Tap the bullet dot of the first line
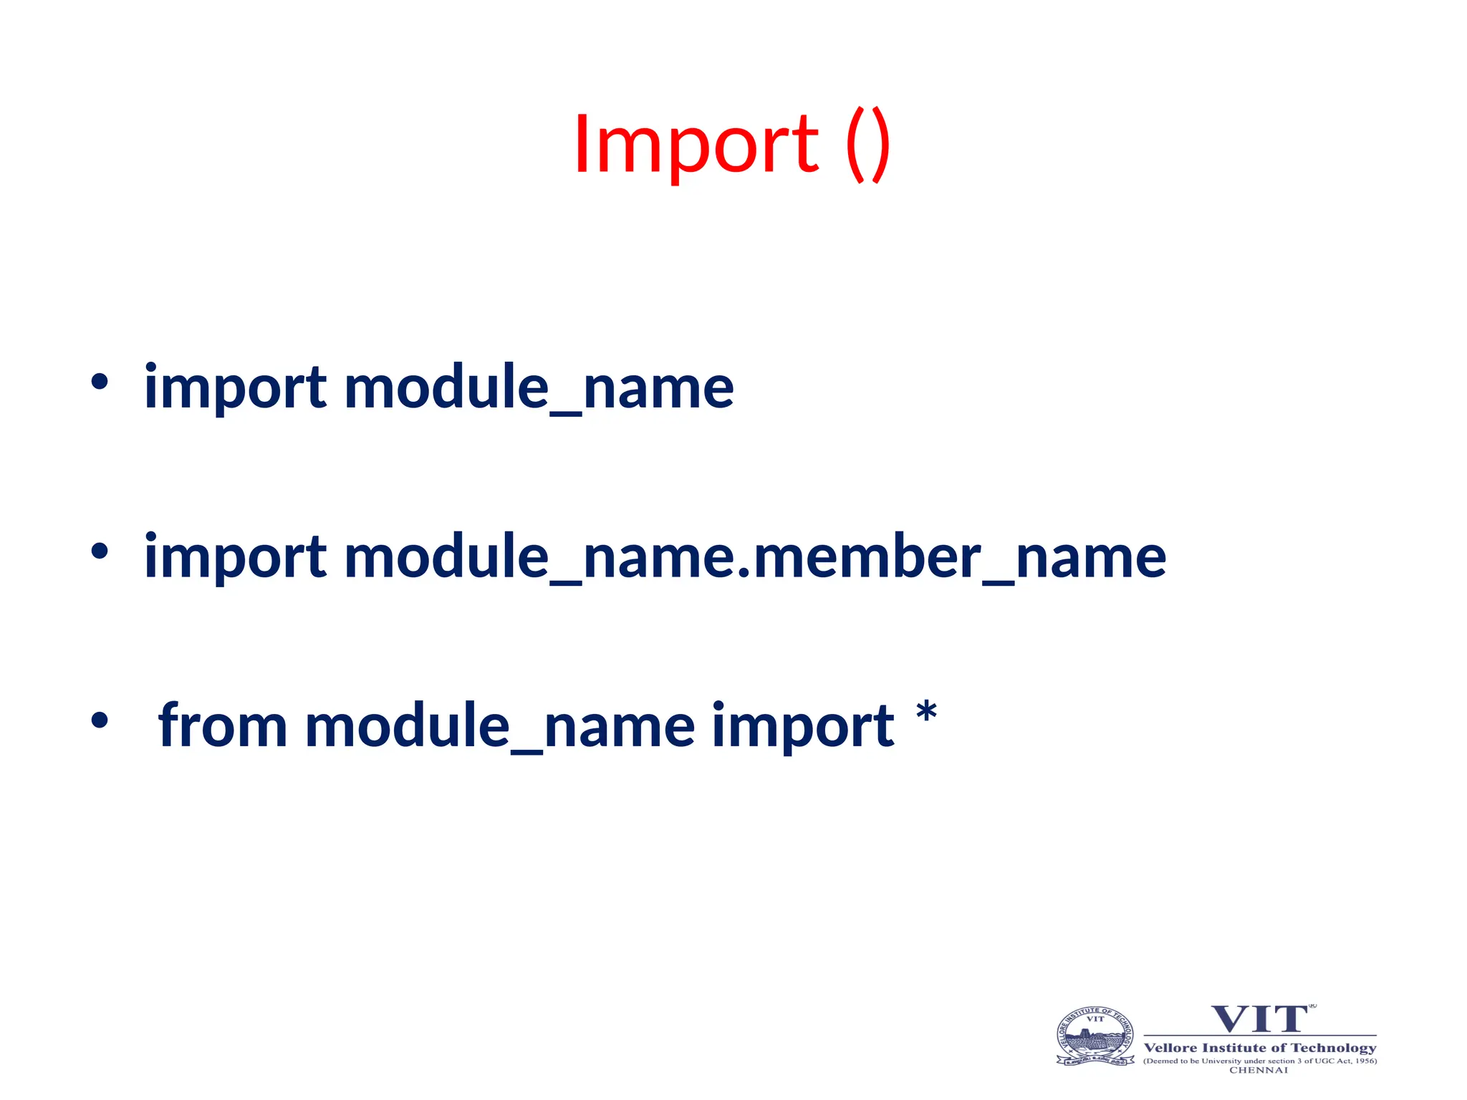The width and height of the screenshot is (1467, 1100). click(100, 382)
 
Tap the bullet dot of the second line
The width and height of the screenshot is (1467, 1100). click(100, 551)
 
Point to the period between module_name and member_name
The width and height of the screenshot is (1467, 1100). click(744, 572)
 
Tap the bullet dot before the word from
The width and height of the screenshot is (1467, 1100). click(100, 720)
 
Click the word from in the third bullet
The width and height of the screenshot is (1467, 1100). click(223, 726)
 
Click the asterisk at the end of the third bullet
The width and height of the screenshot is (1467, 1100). click(926, 713)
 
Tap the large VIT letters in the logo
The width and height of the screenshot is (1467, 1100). click(1259, 1020)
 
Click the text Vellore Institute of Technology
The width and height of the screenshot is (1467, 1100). click(1260, 1048)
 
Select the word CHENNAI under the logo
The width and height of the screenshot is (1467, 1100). click(1259, 1071)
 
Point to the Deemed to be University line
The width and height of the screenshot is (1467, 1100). click(1260, 1061)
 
